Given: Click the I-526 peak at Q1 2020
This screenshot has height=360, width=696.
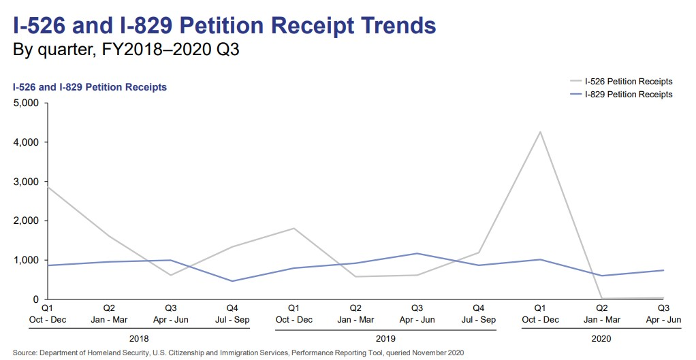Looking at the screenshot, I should pyautogui.click(x=540, y=131).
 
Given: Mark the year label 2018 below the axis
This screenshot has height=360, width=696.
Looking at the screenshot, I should pyautogui.click(x=138, y=338).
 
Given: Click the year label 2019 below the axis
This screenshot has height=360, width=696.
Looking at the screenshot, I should pyautogui.click(x=385, y=338).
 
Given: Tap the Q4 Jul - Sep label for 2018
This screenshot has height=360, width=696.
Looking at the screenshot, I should pyautogui.click(x=231, y=314).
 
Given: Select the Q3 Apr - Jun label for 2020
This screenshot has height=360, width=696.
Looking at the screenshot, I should pyautogui.click(x=663, y=314).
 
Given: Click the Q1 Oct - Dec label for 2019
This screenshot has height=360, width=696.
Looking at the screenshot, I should pyautogui.click(x=293, y=314).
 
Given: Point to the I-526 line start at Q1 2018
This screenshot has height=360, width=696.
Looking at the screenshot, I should pyautogui.click(x=46, y=186).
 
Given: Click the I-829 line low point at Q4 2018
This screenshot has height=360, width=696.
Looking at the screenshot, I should pyautogui.click(x=232, y=281).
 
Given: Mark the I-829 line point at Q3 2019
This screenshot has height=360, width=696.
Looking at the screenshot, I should pyautogui.click(x=416, y=253).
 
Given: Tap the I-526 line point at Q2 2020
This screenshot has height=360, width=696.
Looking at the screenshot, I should pyautogui.click(x=601, y=298).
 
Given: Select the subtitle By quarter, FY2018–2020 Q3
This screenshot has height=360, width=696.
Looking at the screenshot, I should pyautogui.click(x=126, y=50).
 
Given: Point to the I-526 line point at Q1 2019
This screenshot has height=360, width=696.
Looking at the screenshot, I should pyautogui.click(x=293, y=228).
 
